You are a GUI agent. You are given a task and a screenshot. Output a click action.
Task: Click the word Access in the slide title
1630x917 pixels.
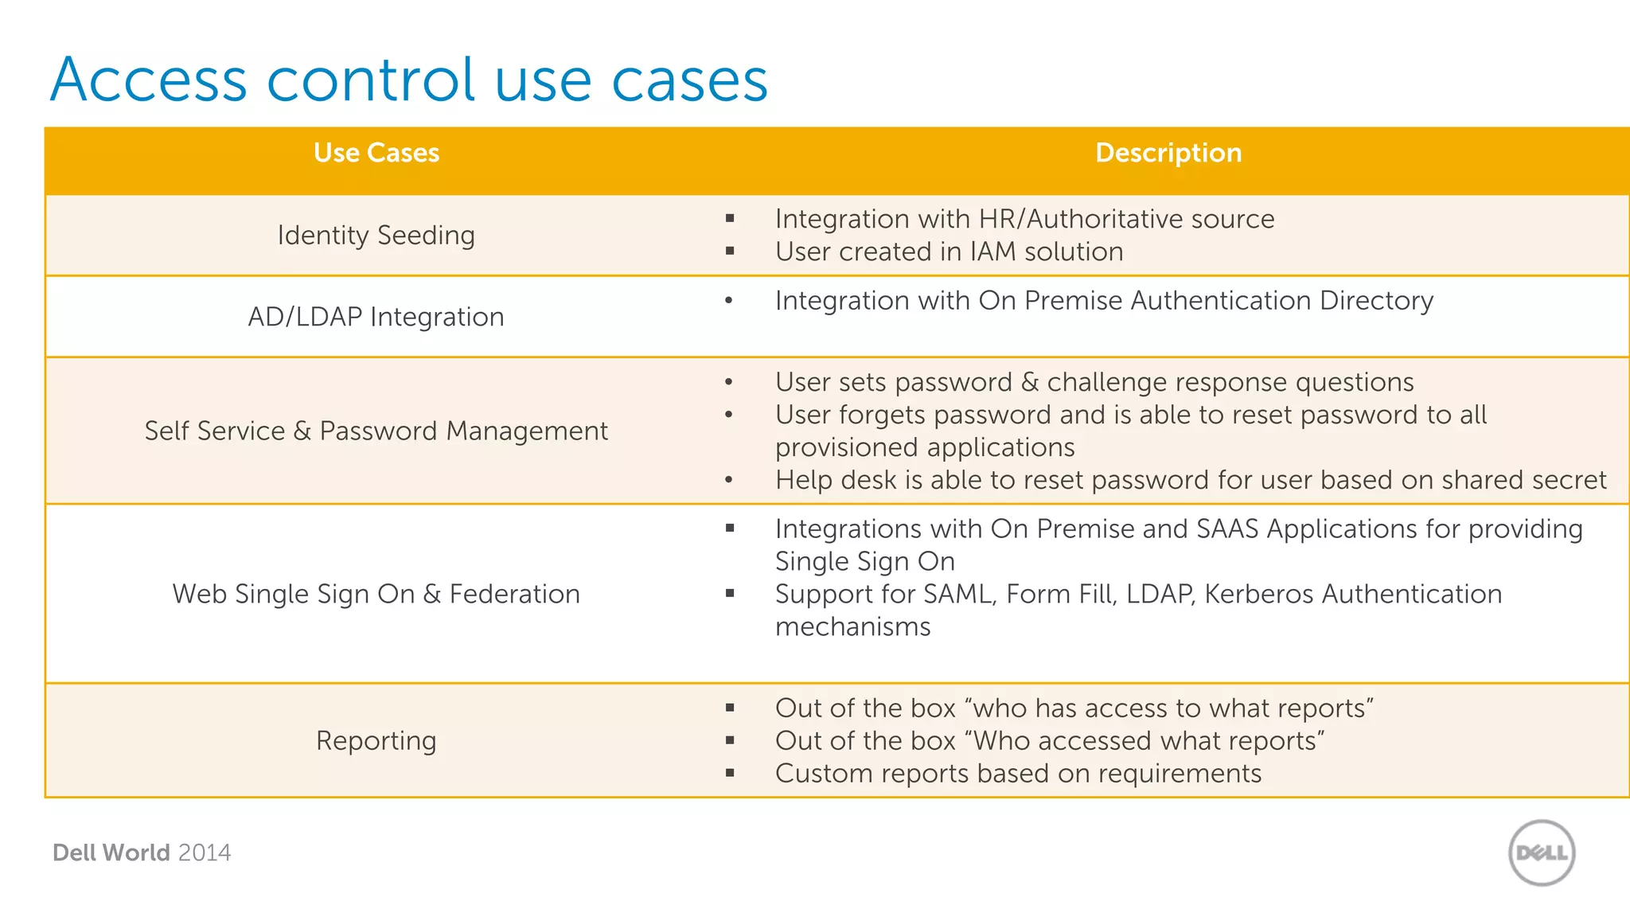click(x=149, y=80)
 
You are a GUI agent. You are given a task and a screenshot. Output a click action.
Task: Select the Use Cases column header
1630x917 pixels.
click(x=376, y=153)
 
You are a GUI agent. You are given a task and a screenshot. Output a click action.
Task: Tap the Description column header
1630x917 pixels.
click(x=1168, y=153)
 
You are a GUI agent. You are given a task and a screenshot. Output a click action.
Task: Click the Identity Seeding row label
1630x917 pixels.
click(x=376, y=236)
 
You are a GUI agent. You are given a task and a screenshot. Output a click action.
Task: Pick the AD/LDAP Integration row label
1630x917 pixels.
click(x=376, y=317)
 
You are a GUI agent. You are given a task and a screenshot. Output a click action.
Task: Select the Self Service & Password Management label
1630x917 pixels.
click(x=376, y=431)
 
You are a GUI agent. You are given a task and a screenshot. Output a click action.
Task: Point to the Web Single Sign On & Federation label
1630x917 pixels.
click(x=376, y=594)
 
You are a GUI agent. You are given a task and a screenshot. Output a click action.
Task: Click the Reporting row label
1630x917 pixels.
click(x=376, y=741)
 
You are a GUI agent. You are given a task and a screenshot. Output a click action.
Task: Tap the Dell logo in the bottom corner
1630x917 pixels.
click(x=1542, y=853)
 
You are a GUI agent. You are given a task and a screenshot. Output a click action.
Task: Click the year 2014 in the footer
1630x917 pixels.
click(x=205, y=853)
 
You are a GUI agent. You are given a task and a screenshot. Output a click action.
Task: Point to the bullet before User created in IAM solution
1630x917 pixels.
click(x=730, y=252)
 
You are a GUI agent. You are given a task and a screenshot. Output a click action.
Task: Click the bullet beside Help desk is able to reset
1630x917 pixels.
click(x=728, y=480)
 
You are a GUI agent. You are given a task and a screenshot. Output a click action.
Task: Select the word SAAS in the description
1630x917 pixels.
click(x=1227, y=529)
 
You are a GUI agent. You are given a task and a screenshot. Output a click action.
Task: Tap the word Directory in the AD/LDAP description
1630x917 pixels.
click(x=1376, y=301)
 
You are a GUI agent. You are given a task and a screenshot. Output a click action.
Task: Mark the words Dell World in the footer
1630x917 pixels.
click(x=111, y=853)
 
